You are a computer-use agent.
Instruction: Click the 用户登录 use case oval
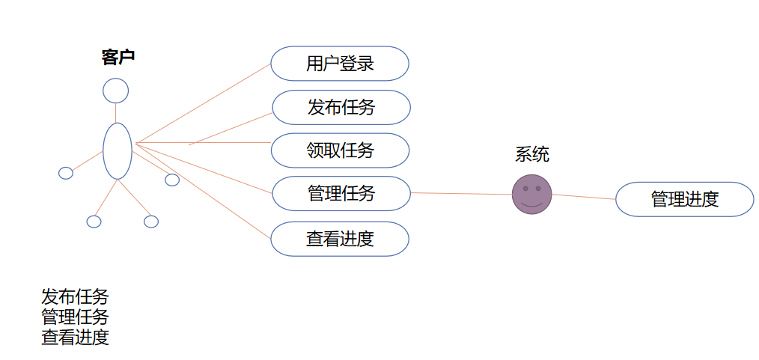(339, 64)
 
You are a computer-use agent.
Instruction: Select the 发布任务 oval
(341, 107)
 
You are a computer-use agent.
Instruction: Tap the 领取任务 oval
(340, 150)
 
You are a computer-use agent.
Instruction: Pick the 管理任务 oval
(341, 194)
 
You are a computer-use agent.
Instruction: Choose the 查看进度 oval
(340, 239)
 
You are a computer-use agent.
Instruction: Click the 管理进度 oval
(684, 199)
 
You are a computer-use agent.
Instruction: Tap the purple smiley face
(532, 195)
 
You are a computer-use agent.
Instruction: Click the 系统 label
(532, 155)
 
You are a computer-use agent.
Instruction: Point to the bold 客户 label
(118, 57)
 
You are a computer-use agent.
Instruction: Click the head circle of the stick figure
(115, 91)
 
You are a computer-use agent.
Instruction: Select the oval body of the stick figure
(118, 150)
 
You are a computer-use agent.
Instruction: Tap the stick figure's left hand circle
(66, 174)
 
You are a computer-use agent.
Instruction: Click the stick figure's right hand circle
(172, 180)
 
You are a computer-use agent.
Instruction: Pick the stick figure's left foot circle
(94, 222)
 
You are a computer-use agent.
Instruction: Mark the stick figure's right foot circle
(151, 222)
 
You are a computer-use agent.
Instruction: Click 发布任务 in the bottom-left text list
(75, 297)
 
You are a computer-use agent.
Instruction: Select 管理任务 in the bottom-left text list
(75, 317)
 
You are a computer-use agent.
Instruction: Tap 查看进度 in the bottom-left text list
(75, 337)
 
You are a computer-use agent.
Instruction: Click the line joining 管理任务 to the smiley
(460, 194)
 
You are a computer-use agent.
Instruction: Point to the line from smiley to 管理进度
(584, 197)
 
